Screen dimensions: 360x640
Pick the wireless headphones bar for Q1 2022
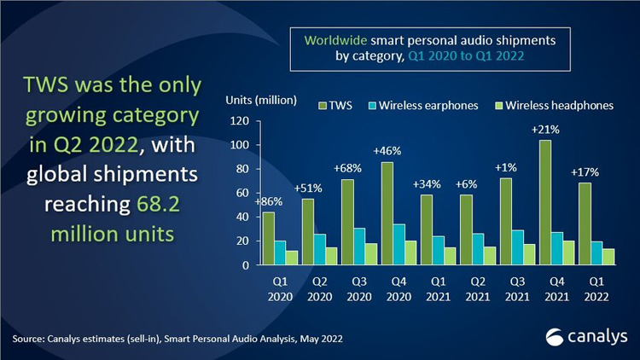tap(609, 257)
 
